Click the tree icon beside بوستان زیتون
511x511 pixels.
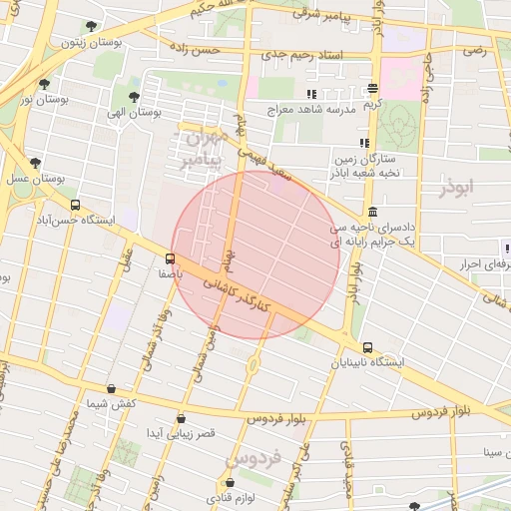pyautogui.click(x=92, y=27)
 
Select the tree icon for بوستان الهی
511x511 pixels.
pyautogui.click(x=134, y=98)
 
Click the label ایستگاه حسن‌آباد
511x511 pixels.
pyautogui.click(x=73, y=219)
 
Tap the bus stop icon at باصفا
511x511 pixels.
pyautogui.click(x=170, y=258)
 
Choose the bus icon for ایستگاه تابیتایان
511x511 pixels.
pyautogui.click(x=368, y=348)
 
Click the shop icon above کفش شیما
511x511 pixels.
pyautogui.click(x=111, y=389)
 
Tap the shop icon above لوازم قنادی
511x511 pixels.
pyautogui.click(x=229, y=483)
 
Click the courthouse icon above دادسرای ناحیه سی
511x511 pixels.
pyautogui.click(x=372, y=212)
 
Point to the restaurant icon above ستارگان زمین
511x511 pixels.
pyautogui.click(x=363, y=144)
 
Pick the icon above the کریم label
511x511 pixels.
pyautogui.click(x=372, y=88)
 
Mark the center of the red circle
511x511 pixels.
pyautogui.click(x=255, y=255)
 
